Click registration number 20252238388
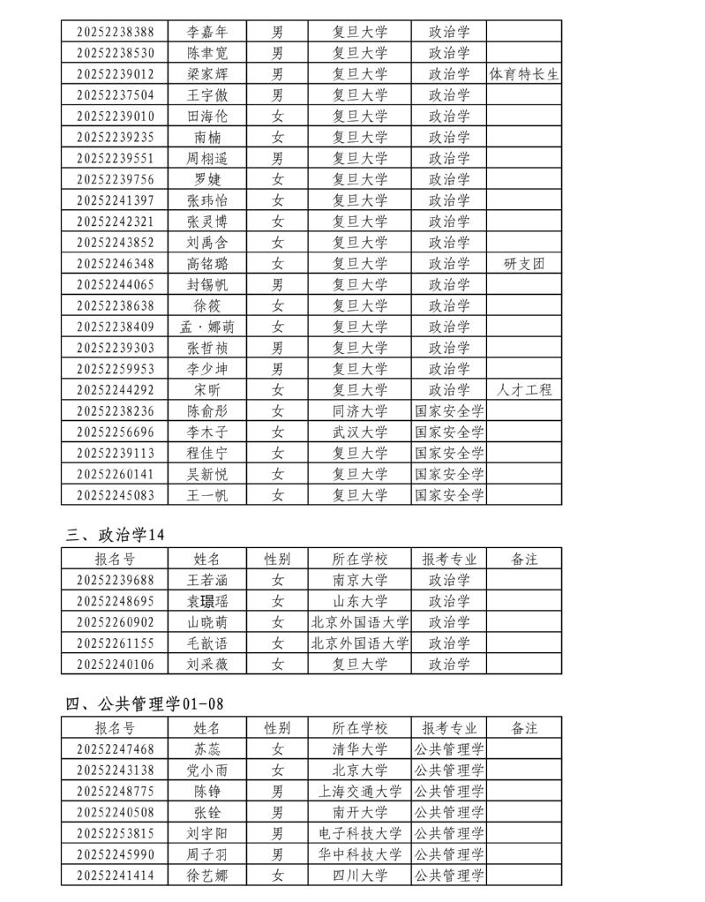[x=116, y=32]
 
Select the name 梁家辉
[x=206, y=74]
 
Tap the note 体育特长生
[x=524, y=74]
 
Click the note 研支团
[x=524, y=263]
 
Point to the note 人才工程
[x=524, y=389]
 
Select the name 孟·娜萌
[x=206, y=327]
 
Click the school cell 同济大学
[x=360, y=410]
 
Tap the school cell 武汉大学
[x=360, y=432]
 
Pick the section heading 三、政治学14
[x=116, y=534]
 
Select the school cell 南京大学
[x=360, y=580]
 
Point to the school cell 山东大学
[x=360, y=601]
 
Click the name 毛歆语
[x=206, y=643]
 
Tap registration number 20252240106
[x=116, y=664]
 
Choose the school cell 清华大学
[x=360, y=749]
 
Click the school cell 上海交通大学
[x=360, y=791]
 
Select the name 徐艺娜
[x=206, y=876]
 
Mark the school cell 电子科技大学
[x=360, y=833]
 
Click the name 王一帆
[x=206, y=495]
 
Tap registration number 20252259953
[x=116, y=369]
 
